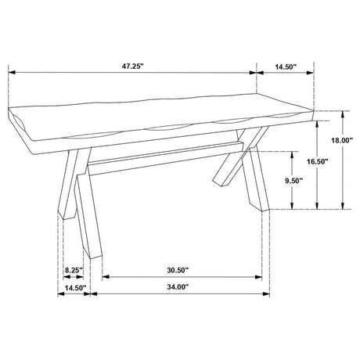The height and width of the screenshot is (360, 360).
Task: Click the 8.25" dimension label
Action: [74, 270]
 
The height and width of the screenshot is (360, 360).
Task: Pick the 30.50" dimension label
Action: [179, 270]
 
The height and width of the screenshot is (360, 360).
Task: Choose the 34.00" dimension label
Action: [179, 288]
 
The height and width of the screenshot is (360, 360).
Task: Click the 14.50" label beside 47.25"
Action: [286, 68]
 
